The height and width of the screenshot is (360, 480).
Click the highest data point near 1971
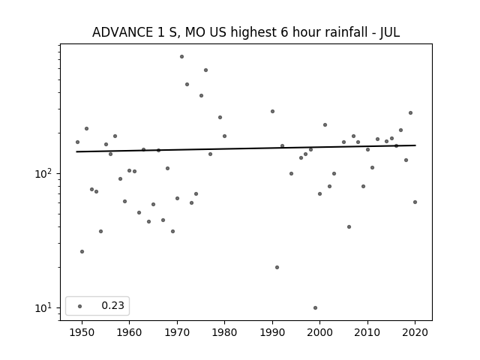point(181,57)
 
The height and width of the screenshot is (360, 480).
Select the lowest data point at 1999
point(315,308)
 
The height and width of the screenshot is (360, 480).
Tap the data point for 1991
point(277,267)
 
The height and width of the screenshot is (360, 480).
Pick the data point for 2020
point(415,202)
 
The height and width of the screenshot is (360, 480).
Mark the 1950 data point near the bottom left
point(82,252)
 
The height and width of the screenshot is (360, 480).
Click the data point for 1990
point(272,112)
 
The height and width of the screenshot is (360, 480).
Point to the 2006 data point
point(349,226)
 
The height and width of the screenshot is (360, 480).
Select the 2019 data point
point(410,113)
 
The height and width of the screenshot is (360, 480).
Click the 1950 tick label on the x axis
point(82,332)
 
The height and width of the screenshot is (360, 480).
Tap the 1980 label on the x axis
point(224,332)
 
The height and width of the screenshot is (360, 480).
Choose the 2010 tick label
point(367,332)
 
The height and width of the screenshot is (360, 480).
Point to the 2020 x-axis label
point(415,332)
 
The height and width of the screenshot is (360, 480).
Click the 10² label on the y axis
point(44,173)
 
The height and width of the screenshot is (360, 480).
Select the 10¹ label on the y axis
point(44,308)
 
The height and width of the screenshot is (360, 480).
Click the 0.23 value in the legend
point(113,305)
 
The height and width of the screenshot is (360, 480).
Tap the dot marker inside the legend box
point(80,307)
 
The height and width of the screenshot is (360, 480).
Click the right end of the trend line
point(415,145)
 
